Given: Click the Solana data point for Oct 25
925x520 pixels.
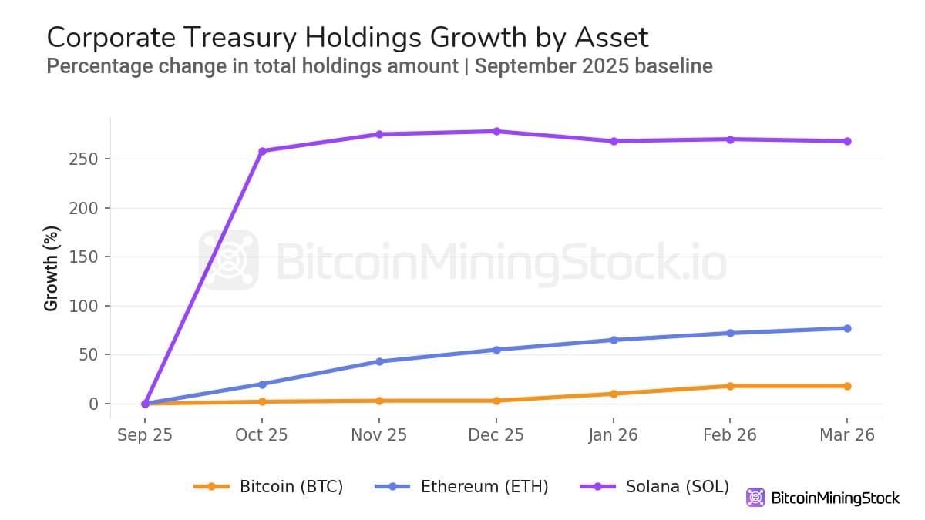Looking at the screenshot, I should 262,151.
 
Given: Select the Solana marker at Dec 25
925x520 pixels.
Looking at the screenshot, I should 496,131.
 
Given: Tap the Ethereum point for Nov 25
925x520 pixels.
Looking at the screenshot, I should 379,361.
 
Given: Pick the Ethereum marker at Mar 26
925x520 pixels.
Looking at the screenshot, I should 847,328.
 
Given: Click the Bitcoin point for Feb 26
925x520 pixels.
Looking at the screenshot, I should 730,386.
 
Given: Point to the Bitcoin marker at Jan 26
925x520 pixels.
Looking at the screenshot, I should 613,394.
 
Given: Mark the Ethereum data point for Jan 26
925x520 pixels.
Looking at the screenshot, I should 613,340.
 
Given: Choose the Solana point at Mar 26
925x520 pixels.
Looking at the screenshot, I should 847,141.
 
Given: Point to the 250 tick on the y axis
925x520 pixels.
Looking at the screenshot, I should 89,159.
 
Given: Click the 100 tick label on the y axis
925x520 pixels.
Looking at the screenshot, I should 89,306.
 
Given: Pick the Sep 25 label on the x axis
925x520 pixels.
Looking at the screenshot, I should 145,435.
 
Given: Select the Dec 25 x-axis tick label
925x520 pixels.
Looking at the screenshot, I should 496,435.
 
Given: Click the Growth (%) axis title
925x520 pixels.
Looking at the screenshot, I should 52,268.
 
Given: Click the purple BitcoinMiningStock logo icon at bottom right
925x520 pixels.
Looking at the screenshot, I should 755,498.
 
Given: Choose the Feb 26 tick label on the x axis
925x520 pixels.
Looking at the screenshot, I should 730,435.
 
